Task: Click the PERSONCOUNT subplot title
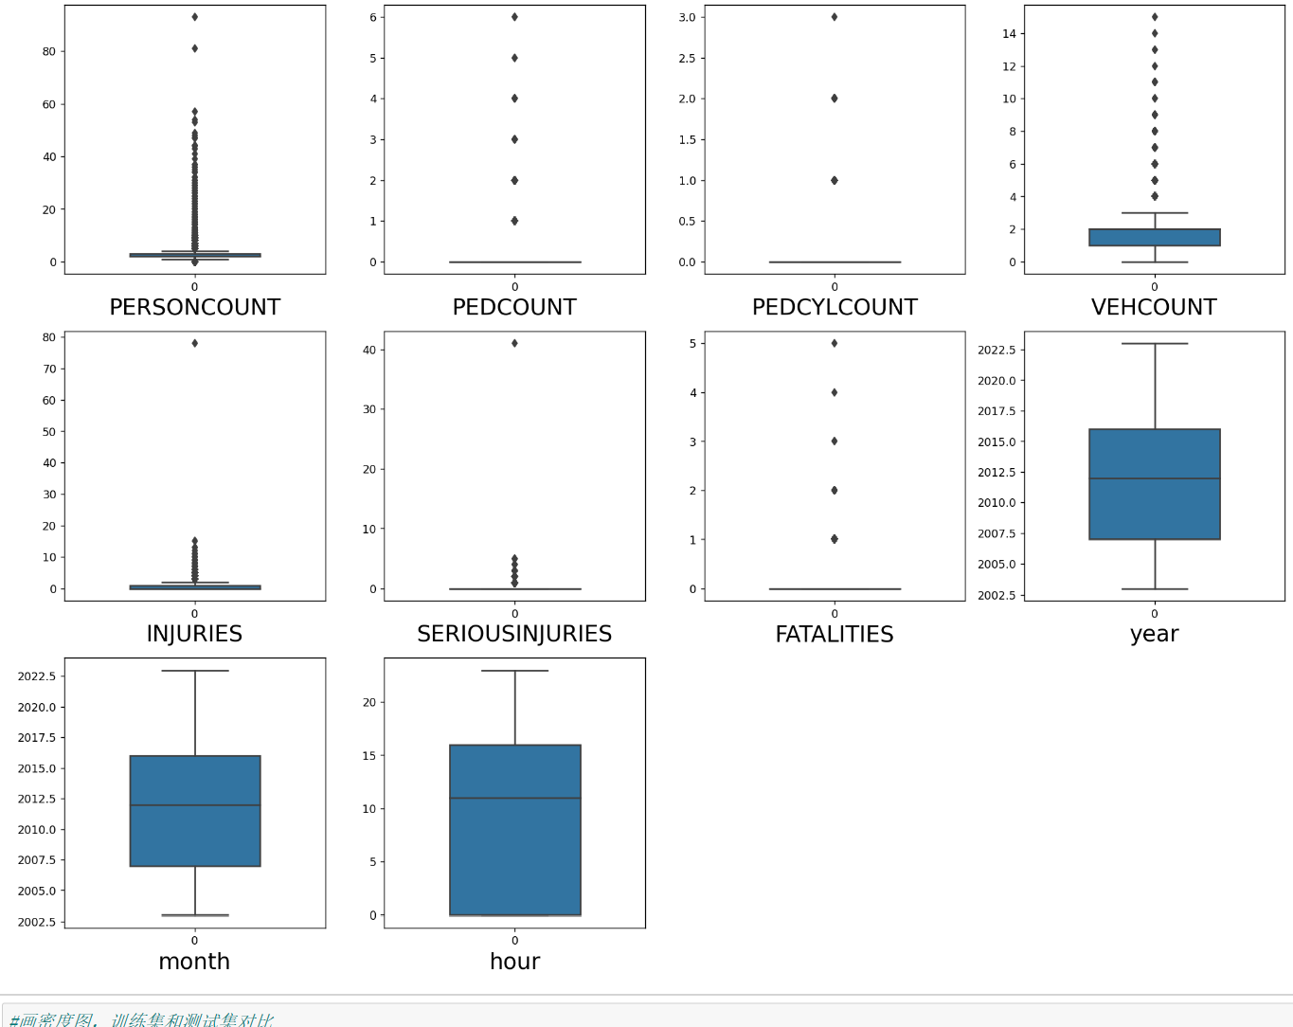tap(194, 307)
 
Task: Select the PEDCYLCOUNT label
tap(835, 307)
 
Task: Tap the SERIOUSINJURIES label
tap(514, 634)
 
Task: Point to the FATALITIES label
tap(835, 634)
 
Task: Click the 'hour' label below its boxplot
tap(514, 961)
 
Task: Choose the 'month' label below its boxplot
tap(194, 961)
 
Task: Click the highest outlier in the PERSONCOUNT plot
tap(195, 17)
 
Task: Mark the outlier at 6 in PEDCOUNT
tap(514, 17)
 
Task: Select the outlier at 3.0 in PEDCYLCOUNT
tap(835, 17)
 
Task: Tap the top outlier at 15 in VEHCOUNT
tap(1155, 17)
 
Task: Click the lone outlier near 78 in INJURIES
tap(195, 343)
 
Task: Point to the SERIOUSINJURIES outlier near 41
tap(514, 343)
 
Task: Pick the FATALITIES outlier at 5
tap(835, 343)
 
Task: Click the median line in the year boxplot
tap(1155, 478)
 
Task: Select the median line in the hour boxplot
tap(514, 799)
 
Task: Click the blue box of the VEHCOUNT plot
tap(1155, 237)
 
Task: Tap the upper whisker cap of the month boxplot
tap(195, 671)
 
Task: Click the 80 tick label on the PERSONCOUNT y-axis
tap(49, 51)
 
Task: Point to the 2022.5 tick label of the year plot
tap(997, 350)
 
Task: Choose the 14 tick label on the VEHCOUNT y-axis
tap(1009, 33)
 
